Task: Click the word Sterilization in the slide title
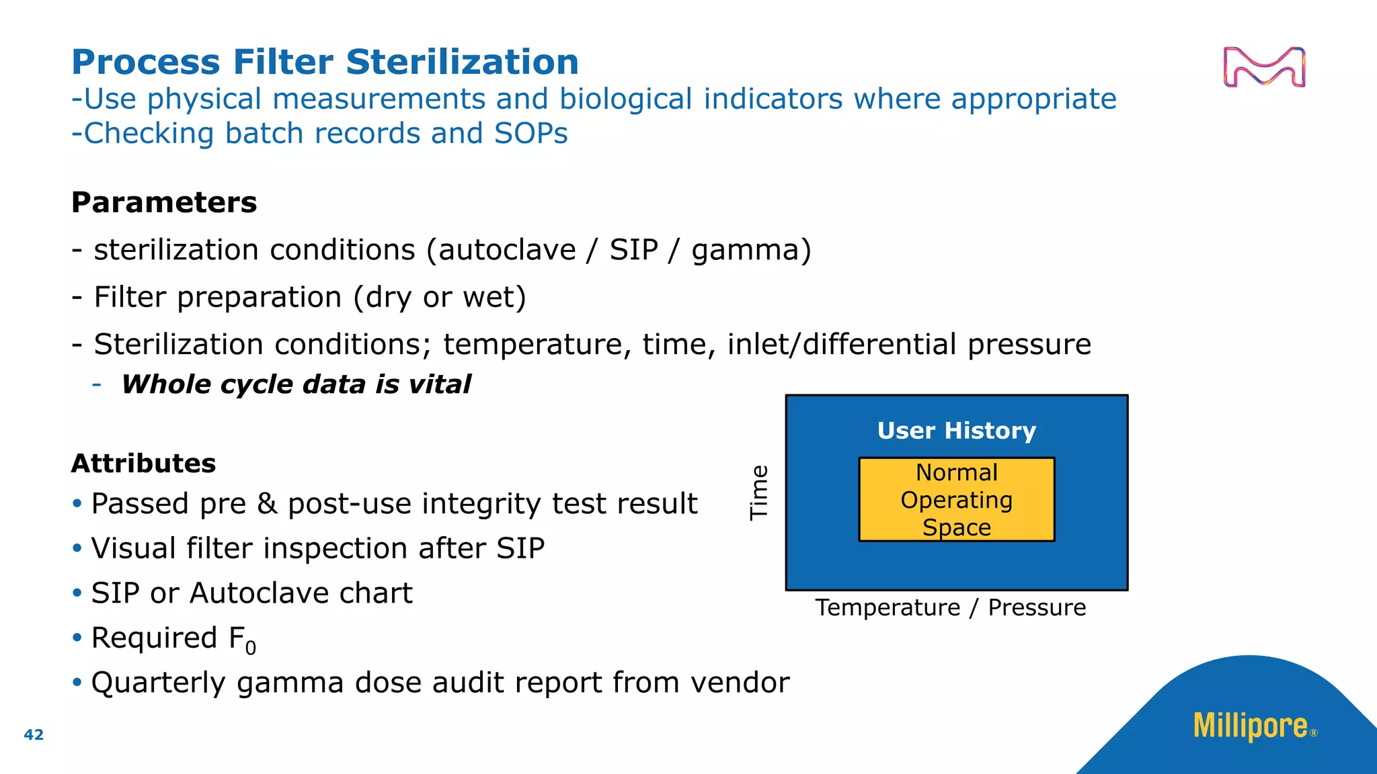coord(462,62)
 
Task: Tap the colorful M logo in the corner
coord(1264,67)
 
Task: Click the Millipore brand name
coord(1250,726)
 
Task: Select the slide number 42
coord(34,734)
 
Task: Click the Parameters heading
coord(164,203)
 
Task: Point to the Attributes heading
coord(143,464)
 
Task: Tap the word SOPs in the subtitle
coord(530,133)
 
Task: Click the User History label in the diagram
coord(956,431)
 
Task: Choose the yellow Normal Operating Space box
coord(956,500)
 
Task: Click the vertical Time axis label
coord(759,492)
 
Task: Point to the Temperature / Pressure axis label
coord(950,607)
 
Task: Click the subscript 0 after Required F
coord(250,648)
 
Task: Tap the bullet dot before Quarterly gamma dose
coord(77,683)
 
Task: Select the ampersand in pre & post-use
coord(267,504)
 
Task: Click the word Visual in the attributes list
coord(133,548)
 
